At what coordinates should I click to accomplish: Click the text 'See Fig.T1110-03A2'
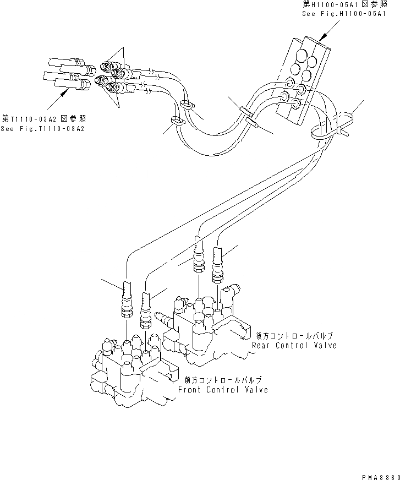point(46,128)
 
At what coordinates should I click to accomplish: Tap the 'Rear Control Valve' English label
point(294,345)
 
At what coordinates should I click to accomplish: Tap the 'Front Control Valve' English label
point(223,390)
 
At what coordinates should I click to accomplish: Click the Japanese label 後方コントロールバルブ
point(295,335)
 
